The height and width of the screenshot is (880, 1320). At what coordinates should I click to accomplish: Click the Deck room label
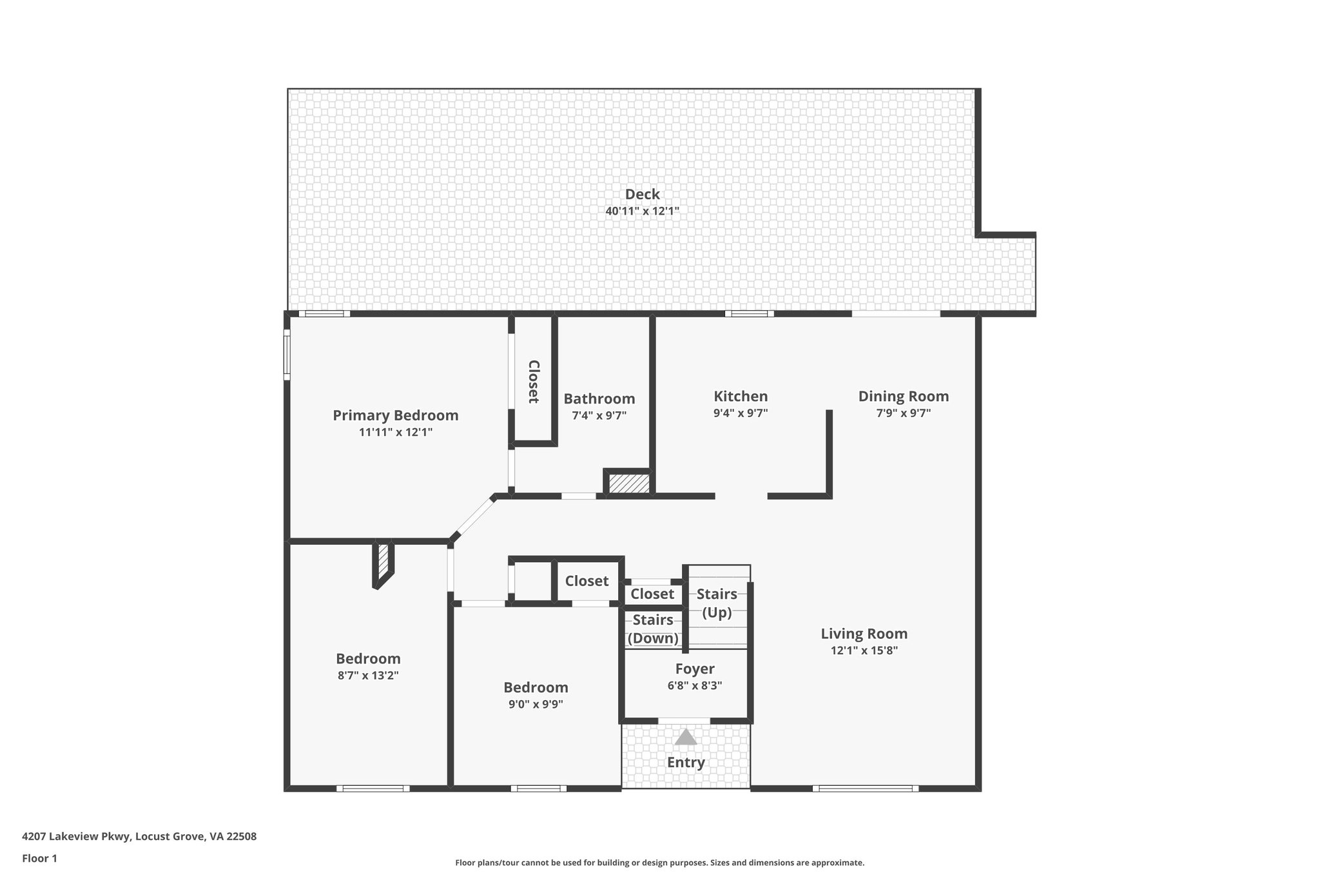[x=642, y=194]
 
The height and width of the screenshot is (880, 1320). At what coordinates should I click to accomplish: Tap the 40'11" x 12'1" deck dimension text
[x=642, y=211]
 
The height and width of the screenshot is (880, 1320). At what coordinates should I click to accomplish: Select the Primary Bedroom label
[x=395, y=415]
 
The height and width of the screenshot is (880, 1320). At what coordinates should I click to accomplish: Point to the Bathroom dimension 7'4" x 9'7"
[x=599, y=416]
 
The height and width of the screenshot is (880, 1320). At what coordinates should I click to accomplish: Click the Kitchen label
[x=741, y=396]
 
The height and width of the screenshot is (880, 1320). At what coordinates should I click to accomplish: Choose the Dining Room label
[x=903, y=396]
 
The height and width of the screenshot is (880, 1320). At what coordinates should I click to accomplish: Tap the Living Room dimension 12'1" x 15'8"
[x=864, y=650]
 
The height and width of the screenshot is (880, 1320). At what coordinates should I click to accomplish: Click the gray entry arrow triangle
[x=685, y=738]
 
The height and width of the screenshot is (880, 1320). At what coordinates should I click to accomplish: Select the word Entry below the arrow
[x=685, y=763]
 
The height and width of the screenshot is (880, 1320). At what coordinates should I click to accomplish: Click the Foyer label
[x=694, y=669]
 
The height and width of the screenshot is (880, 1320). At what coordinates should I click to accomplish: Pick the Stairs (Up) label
[x=717, y=603]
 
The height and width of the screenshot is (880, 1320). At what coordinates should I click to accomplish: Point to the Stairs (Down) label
[x=653, y=629]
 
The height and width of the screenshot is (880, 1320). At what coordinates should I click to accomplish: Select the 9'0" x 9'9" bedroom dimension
[x=536, y=705]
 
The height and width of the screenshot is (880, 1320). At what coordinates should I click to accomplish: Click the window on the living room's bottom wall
[x=865, y=788]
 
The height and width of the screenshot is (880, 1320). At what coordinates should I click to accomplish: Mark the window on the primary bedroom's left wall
[x=287, y=354]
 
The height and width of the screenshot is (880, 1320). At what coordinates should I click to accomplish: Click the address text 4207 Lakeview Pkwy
[x=77, y=837]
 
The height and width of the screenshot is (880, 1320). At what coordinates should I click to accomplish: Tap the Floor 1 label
[x=39, y=858]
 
